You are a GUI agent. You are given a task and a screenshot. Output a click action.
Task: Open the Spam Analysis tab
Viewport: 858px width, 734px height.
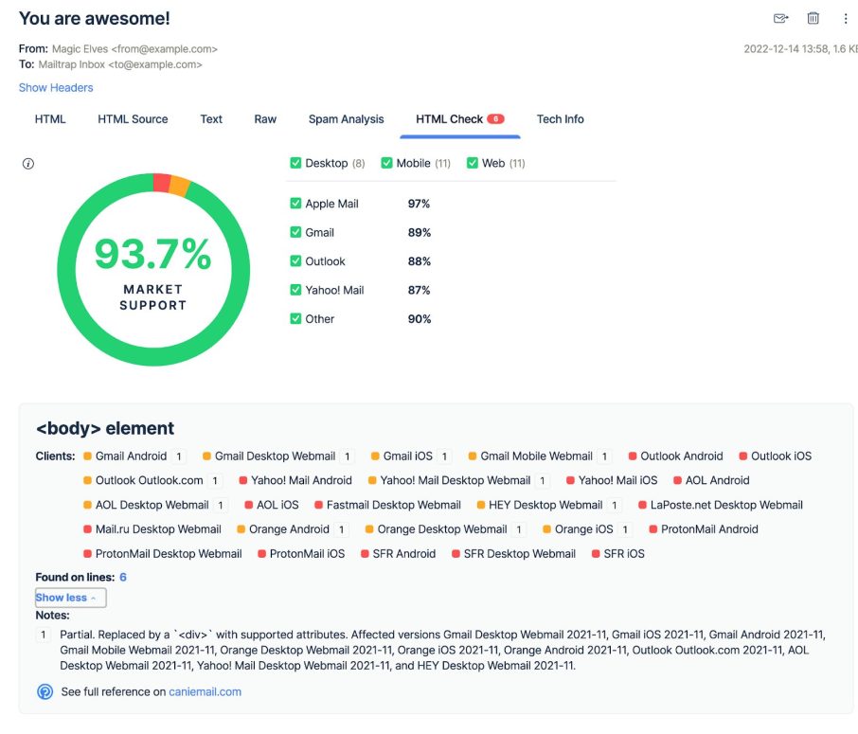pyautogui.click(x=346, y=119)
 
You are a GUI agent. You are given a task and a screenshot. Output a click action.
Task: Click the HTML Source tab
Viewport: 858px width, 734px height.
pyautogui.click(x=133, y=119)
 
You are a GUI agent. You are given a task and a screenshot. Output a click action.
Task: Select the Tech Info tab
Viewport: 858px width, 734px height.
pyautogui.click(x=560, y=119)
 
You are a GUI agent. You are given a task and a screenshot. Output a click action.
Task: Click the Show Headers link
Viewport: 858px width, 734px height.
pyautogui.click(x=56, y=88)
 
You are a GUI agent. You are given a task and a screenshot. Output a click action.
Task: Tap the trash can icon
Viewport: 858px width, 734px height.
pyautogui.click(x=813, y=18)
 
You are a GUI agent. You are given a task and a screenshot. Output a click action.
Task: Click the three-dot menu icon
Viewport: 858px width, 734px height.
pyautogui.click(x=846, y=18)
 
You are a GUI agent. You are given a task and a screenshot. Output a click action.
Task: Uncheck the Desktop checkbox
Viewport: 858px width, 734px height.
pyautogui.click(x=295, y=163)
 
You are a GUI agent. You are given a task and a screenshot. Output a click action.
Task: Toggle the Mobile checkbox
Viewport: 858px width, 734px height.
pyautogui.click(x=386, y=163)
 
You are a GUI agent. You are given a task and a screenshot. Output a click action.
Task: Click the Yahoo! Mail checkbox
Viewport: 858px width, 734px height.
pyautogui.click(x=295, y=290)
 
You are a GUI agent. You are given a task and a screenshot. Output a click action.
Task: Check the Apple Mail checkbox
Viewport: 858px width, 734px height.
pyautogui.click(x=295, y=204)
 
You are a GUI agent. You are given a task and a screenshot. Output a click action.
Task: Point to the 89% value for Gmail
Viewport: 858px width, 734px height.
pyautogui.click(x=420, y=233)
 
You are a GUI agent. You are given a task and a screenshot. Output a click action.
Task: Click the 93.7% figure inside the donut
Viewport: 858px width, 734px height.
pyautogui.click(x=152, y=254)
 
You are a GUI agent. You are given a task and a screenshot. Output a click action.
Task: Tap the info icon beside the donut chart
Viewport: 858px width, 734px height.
pyautogui.click(x=28, y=164)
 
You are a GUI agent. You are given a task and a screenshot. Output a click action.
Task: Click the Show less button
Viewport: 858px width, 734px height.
pyautogui.click(x=70, y=598)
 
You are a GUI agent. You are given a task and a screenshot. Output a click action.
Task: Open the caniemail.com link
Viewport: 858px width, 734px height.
pyautogui.click(x=205, y=691)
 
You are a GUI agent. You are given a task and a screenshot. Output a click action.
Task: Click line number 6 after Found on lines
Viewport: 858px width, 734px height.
pyautogui.click(x=123, y=577)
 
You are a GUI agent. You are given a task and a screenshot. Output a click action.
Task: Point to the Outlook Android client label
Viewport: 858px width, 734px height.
pyautogui.click(x=681, y=457)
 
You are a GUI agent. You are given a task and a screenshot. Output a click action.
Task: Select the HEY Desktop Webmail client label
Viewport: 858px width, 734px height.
pyautogui.click(x=545, y=505)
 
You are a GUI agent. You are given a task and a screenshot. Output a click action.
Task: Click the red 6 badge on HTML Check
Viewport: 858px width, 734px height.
pyautogui.click(x=495, y=119)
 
